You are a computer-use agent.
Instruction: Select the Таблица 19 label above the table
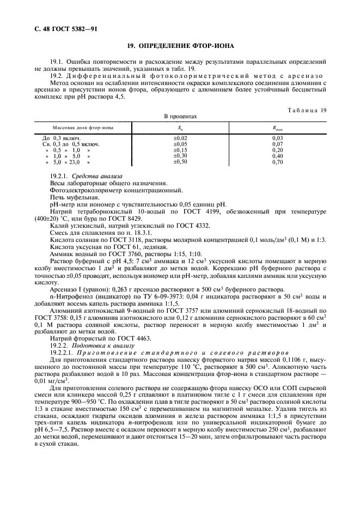point(307,110)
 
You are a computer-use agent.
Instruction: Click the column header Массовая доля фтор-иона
point(83,127)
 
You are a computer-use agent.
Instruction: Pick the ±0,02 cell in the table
point(180,138)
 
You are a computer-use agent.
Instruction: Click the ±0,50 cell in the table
point(180,162)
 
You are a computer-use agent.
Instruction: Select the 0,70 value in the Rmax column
point(277,162)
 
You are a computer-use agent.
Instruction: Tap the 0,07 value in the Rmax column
point(277,144)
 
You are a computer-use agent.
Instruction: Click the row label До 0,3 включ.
point(62,138)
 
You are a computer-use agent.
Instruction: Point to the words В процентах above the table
point(180,116)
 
